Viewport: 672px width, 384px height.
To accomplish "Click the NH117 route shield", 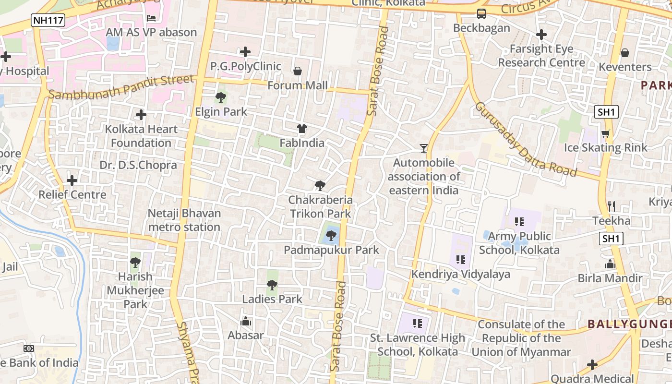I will (48, 20).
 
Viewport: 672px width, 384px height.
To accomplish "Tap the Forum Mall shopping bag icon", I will (298, 72).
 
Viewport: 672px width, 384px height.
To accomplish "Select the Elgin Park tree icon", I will (221, 98).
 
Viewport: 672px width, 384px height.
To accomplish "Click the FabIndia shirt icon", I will (302, 129).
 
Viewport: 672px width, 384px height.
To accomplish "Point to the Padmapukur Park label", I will (331, 250).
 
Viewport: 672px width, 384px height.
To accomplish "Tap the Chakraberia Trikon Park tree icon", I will (320, 186).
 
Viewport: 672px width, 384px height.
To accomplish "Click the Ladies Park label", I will (272, 299).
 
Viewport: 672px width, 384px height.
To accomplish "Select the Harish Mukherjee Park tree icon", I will (135, 263).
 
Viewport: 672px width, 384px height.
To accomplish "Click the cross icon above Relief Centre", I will (72, 180).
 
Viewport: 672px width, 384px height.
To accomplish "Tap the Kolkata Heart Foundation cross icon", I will (141, 115).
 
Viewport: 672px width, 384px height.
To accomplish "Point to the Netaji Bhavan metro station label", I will (184, 220).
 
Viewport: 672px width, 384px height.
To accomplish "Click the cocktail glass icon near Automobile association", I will (424, 148).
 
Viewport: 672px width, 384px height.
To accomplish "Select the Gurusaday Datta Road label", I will (525, 139).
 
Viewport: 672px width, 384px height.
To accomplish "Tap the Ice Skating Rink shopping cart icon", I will (605, 134).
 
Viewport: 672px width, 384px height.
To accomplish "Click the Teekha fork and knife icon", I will (612, 206).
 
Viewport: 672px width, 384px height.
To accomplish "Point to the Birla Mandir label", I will (610, 278).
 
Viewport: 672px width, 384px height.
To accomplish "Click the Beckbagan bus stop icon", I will (481, 14).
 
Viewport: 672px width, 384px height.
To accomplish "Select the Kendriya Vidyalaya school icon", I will (461, 260).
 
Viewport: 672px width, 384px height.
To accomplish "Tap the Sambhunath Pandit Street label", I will (122, 87).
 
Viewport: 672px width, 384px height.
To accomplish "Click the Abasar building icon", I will (246, 321).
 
